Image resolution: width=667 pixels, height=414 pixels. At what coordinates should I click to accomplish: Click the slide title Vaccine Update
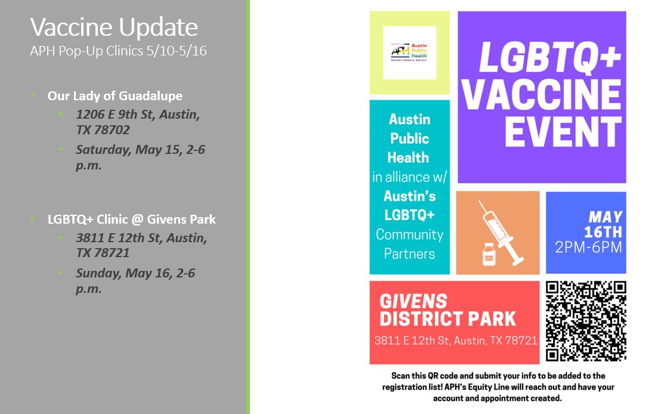click(113, 27)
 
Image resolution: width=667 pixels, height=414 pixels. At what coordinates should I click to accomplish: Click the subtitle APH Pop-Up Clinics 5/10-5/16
click(118, 51)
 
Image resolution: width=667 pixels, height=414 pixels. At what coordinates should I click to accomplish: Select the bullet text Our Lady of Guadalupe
click(115, 96)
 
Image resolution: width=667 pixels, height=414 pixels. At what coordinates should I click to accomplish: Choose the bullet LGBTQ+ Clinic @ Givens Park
click(131, 220)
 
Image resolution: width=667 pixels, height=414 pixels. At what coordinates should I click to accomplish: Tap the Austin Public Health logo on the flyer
click(409, 52)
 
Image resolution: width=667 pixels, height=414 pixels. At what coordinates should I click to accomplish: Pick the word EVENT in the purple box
click(563, 131)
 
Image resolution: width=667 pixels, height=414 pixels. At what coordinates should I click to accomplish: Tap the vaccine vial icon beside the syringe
click(489, 255)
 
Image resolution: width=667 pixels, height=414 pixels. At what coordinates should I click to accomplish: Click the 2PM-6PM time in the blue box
click(588, 247)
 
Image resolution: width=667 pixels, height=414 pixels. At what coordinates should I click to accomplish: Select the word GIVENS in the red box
click(413, 302)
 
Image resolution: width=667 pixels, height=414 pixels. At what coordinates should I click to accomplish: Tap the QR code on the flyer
click(586, 322)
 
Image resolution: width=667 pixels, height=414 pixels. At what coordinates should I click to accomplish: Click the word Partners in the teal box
click(409, 254)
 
